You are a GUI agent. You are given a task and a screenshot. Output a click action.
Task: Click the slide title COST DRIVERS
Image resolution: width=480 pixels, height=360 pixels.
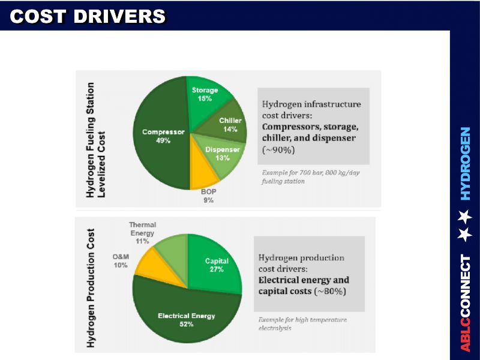[x=88, y=17]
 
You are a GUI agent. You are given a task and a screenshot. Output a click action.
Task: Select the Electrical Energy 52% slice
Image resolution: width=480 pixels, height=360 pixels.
[x=186, y=321]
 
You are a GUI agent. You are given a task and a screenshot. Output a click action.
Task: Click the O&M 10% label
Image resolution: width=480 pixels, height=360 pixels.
[x=121, y=260]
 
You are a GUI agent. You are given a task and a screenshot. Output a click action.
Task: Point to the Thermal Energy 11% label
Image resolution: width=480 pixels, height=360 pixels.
[x=142, y=233]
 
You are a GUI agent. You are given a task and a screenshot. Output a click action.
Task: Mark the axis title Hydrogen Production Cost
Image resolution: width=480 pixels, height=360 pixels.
[x=91, y=287]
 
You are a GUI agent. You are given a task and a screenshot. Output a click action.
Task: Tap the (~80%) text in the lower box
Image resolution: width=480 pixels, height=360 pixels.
[x=331, y=291]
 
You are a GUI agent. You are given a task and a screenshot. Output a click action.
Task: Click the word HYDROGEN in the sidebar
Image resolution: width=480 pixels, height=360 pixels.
[x=466, y=163]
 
